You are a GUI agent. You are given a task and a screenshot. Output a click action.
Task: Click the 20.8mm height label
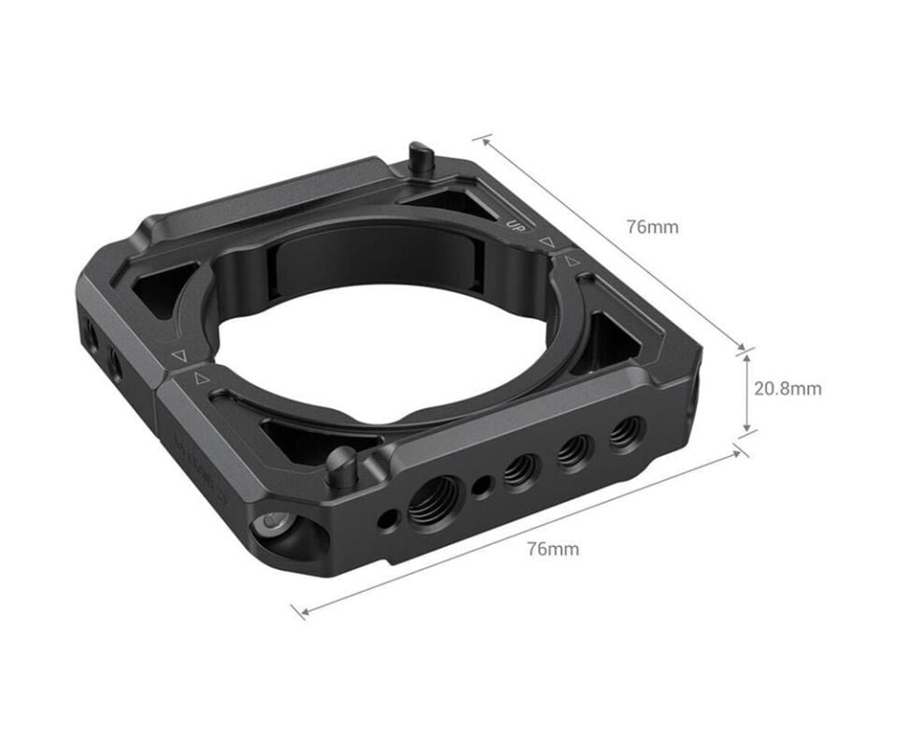coord(788,388)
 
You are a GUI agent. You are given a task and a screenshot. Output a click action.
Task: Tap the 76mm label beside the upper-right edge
coord(653,227)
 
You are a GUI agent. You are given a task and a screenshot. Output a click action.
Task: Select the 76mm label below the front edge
coord(553,549)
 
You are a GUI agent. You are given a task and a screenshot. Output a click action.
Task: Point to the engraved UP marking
coord(514,225)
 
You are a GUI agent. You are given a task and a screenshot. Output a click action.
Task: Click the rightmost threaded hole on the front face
coord(626,433)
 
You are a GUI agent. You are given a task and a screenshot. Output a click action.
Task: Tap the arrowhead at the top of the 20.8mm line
coord(746,357)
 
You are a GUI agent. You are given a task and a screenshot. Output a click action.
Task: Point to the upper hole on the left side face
coord(91,330)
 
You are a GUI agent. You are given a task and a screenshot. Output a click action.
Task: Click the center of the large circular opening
coord(374,337)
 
